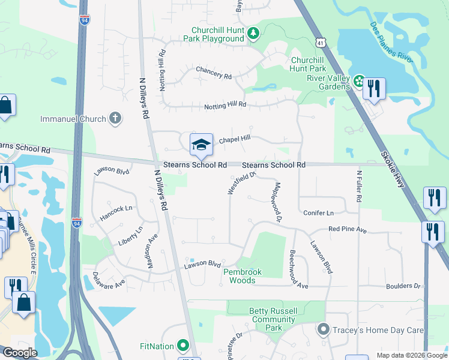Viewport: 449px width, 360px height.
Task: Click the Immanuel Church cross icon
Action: (x=115, y=119)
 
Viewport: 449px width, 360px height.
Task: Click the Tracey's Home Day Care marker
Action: (x=324, y=329)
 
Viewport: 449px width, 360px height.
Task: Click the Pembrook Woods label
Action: (x=243, y=276)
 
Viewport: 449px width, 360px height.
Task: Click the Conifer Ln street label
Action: (x=318, y=213)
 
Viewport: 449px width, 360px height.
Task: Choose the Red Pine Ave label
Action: (x=347, y=229)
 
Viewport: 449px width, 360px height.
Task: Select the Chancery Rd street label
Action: (x=214, y=73)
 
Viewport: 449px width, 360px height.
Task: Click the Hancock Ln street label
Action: (x=116, y=212)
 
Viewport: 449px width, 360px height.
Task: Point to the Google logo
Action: (x=20, y=353)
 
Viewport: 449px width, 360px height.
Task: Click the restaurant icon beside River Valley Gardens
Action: (x=374, y=89)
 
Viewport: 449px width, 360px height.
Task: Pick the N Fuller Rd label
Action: (x=358, y=186)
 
